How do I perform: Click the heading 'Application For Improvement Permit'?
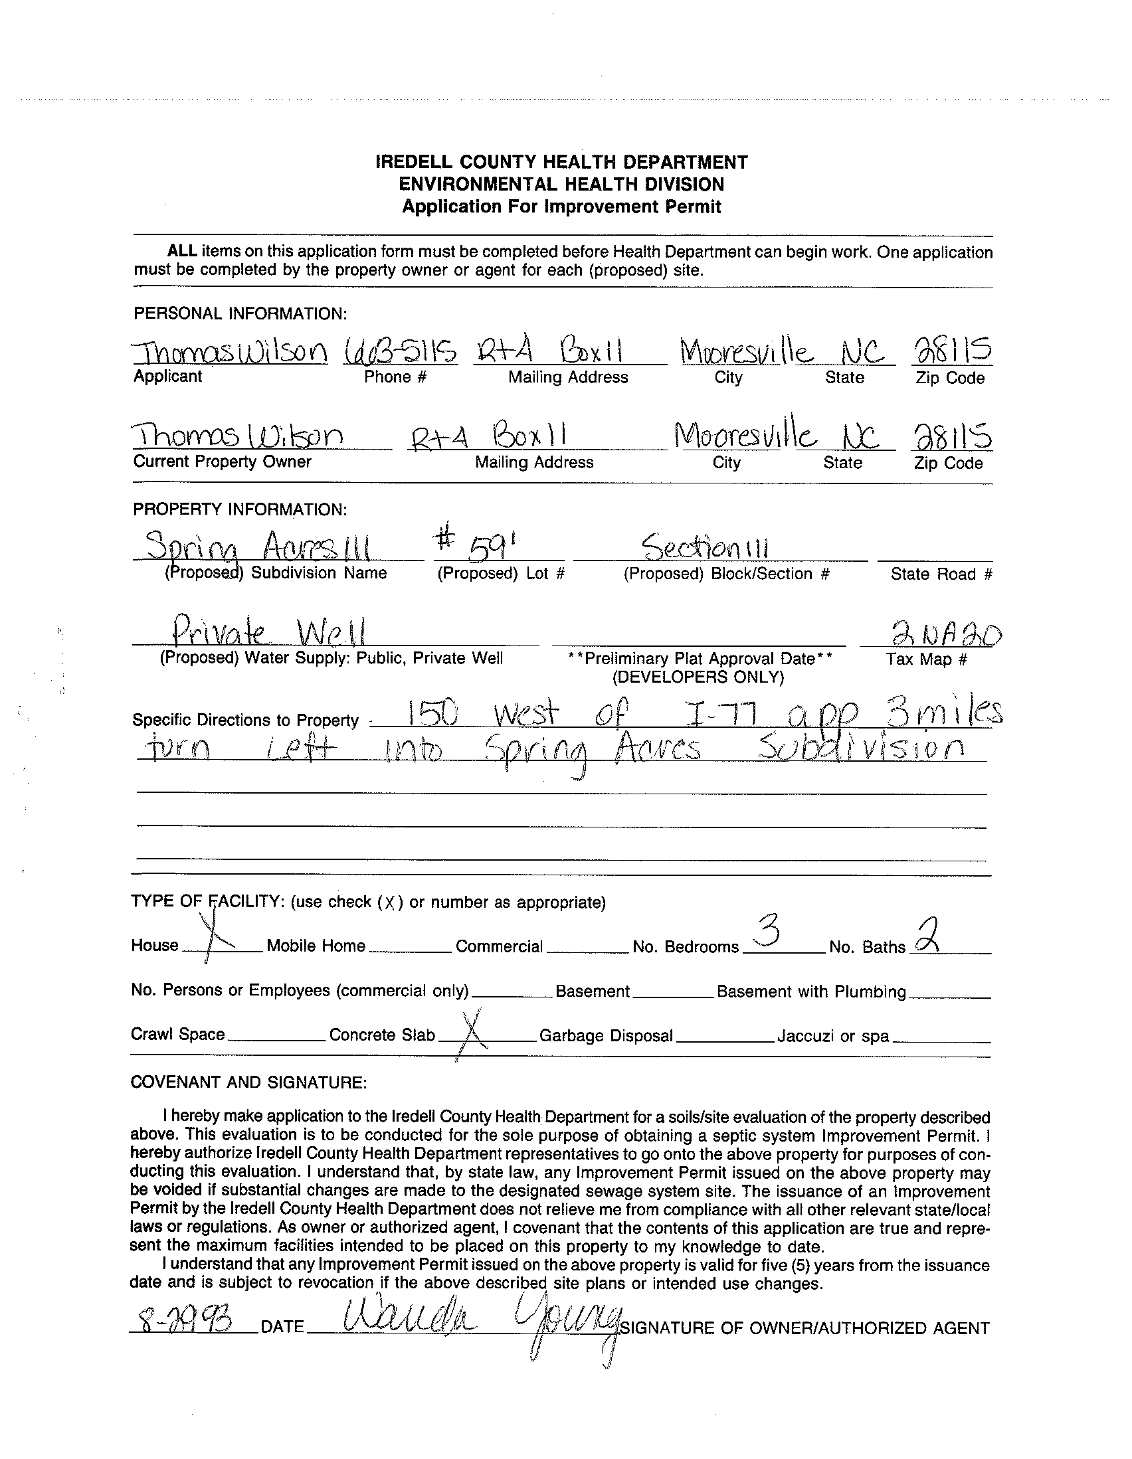tap(561, 207)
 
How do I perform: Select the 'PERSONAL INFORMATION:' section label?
tap(240, 313)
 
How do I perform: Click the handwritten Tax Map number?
tap(947, 634)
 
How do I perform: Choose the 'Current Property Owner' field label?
tap(222, 462)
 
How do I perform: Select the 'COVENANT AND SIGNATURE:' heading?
tap(248, 1082)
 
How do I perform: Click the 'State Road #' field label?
tap(941, 574)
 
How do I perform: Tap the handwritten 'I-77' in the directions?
tap(731, 717)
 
